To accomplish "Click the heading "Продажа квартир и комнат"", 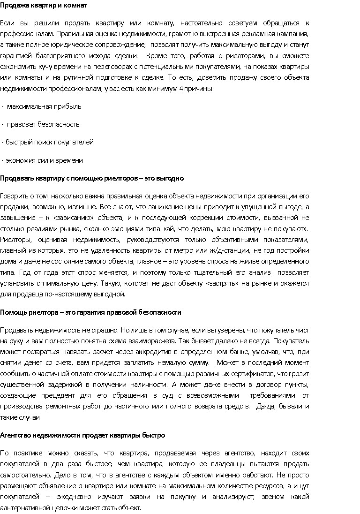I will click(x=43, y=5).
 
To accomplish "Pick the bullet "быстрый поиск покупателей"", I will click(x=50, y=142).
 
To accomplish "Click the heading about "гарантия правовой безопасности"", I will click(x=90, y=312).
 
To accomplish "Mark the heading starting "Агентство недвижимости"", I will click(x=82, y=435).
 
